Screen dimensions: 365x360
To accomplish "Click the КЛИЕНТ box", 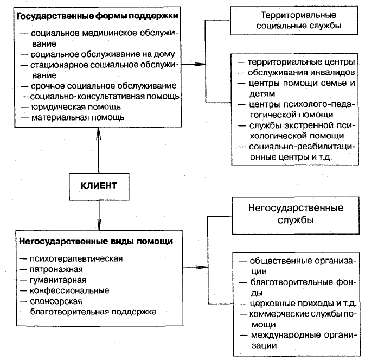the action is click(99, 187).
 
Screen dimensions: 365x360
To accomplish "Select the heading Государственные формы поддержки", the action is click(97, 16).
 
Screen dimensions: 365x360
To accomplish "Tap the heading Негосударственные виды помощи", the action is click(96, 241).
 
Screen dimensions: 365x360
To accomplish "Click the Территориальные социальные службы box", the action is click(294, 21).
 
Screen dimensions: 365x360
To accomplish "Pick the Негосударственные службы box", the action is click(296, 216).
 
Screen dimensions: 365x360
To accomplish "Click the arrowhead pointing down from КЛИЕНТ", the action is click(99, 224).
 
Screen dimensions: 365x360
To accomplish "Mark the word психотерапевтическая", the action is click(76, 259).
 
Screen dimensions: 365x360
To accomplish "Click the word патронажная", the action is click(56, 269).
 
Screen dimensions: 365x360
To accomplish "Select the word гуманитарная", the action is click(58, 280).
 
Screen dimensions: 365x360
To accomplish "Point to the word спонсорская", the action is click(56, 301).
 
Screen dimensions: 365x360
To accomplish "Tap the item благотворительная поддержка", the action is click(93, 312).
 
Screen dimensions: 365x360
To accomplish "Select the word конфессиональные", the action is click(69, 291).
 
